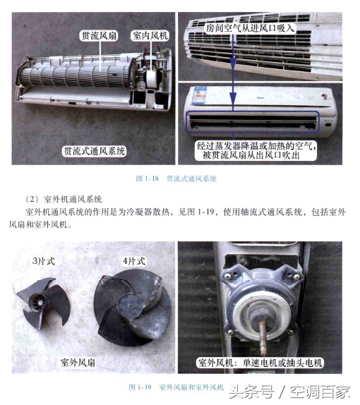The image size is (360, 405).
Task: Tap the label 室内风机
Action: coord(149,34)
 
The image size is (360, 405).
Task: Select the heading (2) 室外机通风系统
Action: coord(68,198)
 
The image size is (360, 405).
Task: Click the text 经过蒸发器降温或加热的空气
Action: coord(256,145)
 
